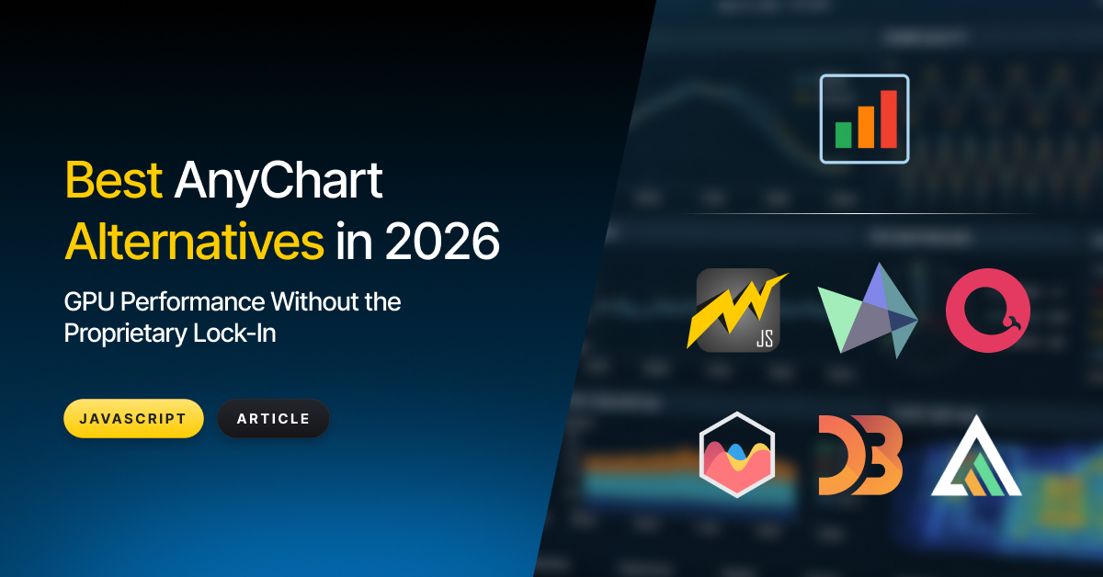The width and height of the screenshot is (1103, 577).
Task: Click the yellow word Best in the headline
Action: click(x=114, y=180)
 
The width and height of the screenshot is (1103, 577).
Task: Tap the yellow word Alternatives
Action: click(x=195, y=242)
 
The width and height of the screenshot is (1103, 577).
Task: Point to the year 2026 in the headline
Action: click(x=442, y=242)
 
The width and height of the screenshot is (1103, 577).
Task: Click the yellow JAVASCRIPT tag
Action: click(x=133, y=418)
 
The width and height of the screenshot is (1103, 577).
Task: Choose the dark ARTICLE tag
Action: click(x=273, y=418)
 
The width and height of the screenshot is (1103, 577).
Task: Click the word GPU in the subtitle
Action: click(x=89, y=301)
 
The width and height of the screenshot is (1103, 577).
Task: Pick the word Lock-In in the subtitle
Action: click(x=234, y=334)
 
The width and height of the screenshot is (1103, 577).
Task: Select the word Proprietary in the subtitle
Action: click(x=126, y=334)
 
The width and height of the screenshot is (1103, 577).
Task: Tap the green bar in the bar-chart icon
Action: click(x=844, y=135)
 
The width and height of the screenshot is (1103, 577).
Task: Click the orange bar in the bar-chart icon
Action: click(x=866, y=127)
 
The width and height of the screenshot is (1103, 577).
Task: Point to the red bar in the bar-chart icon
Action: click(x=889, y=119)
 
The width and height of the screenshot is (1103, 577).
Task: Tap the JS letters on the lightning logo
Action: click(x=765, y=339)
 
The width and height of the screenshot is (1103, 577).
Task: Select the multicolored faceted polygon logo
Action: click(x=868, y=311)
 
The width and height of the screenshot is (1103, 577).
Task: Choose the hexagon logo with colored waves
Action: click(x=737, y=455)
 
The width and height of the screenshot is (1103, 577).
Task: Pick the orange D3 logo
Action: click(x=860, y=455)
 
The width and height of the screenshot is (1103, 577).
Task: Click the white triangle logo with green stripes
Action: click(x=976, y=456)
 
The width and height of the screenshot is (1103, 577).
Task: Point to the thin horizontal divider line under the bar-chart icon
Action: click(x=859, y=214)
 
